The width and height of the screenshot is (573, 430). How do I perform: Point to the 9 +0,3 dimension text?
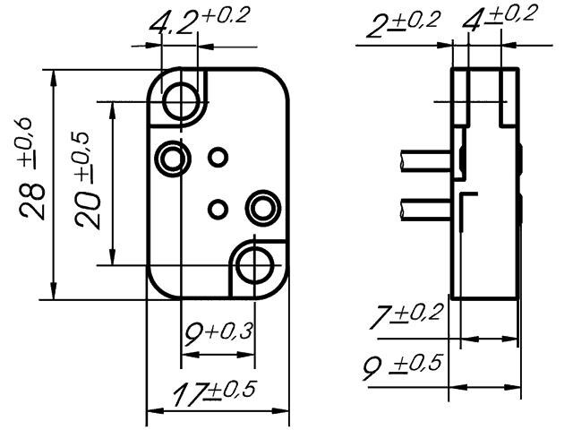[218, 334]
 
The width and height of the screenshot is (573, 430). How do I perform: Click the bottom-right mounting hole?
[256, 265]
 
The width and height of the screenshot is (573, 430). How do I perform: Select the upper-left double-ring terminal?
[170, 159]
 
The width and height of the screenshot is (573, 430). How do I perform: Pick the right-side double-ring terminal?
[263, 208]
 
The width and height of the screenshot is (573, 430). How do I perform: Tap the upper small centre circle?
[218, 158]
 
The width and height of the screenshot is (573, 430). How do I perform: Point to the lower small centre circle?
[217, 210]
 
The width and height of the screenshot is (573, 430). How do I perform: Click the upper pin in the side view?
[426, 162]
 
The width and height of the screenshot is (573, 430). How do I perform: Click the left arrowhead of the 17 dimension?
[153, 413]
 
